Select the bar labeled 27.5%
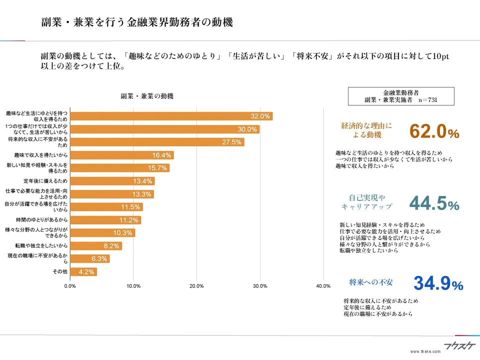pos(157,142)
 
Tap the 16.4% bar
pos(122,155)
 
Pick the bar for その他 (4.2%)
pos(83,272)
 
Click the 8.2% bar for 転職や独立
pos(96,246)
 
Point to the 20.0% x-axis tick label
pos(196,286)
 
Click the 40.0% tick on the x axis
pos(323,286)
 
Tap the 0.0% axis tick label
pos(70,286)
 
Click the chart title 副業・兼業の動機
pos(147,96)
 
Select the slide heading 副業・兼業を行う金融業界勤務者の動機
pos(136,22)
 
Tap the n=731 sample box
pos(401,96)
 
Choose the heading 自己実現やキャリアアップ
pos(367,201)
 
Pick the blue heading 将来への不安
pos(370,282)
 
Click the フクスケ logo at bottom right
pos(455,345)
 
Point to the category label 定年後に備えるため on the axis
pos(45,180)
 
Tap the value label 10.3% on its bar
pos(122,233)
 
